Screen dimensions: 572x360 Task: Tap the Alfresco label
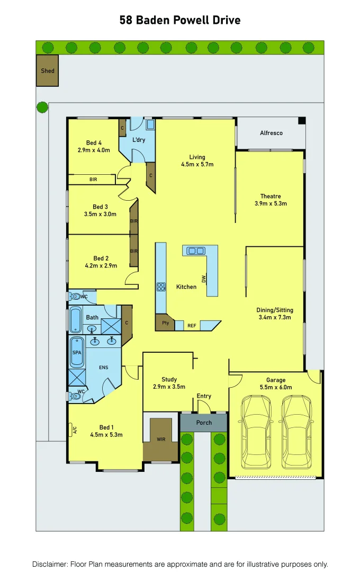coord(271,133)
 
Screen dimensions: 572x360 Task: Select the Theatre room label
coord(270,196)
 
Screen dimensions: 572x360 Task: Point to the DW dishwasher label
coord(203,279)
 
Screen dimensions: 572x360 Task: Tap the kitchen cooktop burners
coord(161,287)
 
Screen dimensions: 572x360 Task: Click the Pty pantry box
coord(165,323)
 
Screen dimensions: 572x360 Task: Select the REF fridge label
coord(192,326)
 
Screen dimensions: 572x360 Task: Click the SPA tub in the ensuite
coord(77,352)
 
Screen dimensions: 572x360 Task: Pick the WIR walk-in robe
coord(161,439)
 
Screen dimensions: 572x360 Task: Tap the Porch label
coord(204,423)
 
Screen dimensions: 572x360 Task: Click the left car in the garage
coord(256,432)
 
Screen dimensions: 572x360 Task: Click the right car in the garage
coord(295,432)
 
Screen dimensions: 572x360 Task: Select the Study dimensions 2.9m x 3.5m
coord(169,387)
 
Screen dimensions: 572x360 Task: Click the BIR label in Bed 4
coord(93,180)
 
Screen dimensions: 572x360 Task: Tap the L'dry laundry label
coord(139,140)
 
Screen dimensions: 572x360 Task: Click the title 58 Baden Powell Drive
coord(180,21)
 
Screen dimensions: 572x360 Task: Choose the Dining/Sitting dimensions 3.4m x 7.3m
coord(275,318)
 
